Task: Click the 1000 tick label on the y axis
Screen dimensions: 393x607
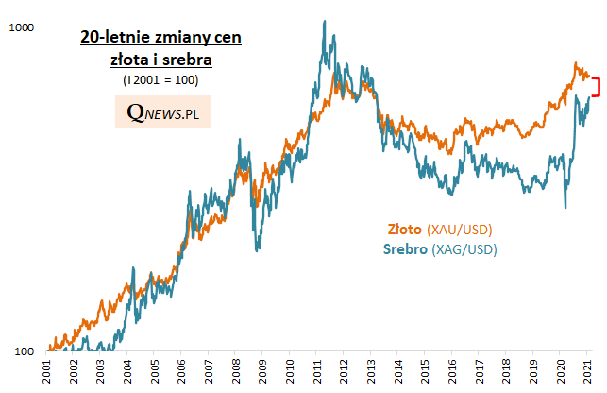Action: (21, 28)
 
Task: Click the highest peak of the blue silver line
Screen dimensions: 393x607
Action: (325, 21)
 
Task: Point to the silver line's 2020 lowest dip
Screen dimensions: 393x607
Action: (565, 208)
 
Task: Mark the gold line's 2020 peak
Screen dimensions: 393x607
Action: (575, 63)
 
